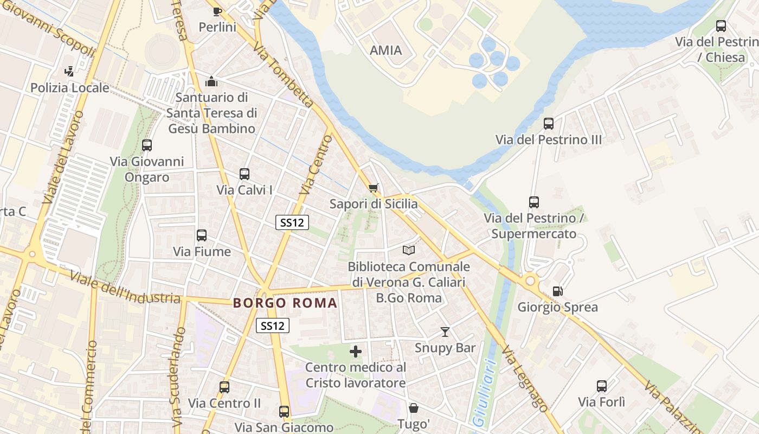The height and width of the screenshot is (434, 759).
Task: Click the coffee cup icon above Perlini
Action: (217, 11)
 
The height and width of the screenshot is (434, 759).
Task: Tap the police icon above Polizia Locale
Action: (69, 71)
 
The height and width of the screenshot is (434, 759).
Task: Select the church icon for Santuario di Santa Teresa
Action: (211, 81)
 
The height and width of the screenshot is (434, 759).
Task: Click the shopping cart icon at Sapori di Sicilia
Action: (373, 188)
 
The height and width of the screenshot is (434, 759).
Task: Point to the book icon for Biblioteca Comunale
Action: (409, 250)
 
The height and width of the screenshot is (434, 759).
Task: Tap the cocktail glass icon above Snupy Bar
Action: (445, 331)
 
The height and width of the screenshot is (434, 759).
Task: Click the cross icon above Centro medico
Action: (356, 352)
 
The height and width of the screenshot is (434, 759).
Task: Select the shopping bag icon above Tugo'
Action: (414, 408)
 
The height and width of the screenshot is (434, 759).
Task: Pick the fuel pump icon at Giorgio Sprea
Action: (557, 291)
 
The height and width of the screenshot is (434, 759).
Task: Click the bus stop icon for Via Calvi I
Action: (245, 174)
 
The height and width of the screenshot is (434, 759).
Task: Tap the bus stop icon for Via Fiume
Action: (202, 235)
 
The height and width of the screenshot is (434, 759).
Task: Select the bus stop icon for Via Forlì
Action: (602, 386)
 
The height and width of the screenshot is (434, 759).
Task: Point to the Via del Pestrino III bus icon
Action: (549, 124)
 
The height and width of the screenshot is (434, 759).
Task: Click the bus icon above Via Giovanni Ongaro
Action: (147, 145)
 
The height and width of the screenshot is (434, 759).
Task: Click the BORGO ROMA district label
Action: (285, 303)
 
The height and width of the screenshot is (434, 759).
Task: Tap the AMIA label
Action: (385, 50)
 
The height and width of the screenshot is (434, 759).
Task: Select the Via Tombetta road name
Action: (283, 76)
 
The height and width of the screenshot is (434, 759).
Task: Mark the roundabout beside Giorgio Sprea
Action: (530, 280)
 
